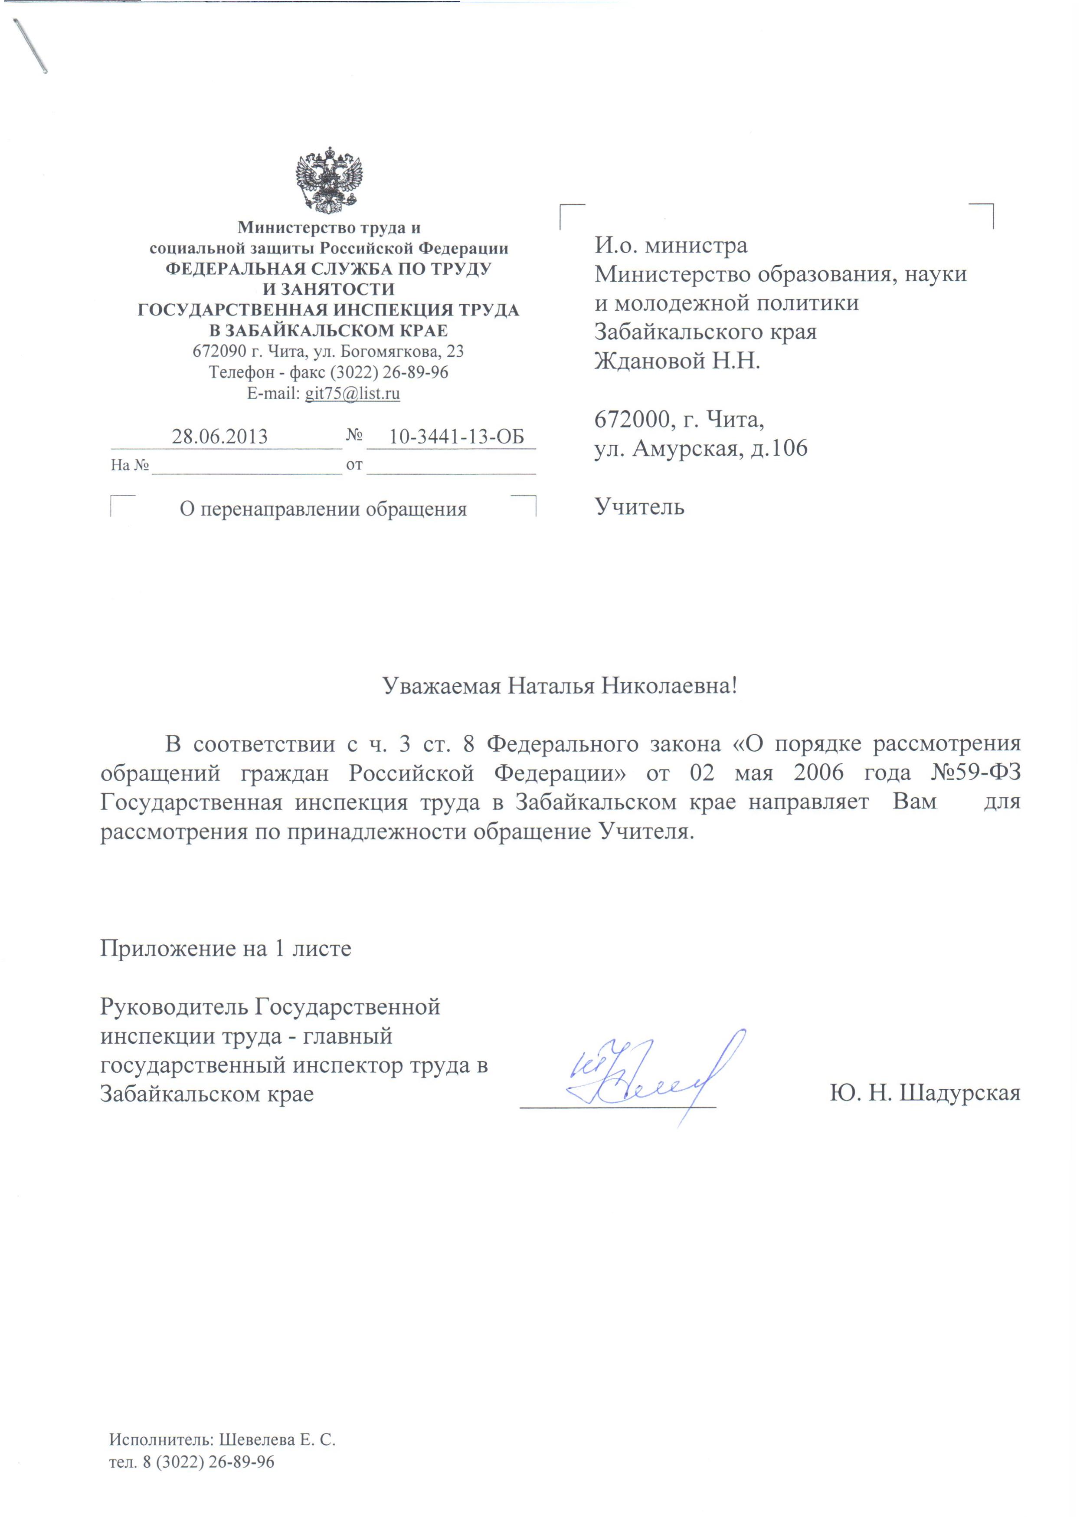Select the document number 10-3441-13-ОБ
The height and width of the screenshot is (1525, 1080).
click(x=456, y=437)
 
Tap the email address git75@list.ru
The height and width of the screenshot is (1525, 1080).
click(x=353, y=393)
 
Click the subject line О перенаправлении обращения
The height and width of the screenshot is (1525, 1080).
click(x=323, y=509)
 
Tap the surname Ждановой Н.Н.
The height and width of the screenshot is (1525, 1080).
click(x=677, y=362)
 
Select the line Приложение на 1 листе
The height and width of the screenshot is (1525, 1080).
click(x=226, y=948)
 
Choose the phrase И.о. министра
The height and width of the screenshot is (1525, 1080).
click(x=671, y=246)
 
